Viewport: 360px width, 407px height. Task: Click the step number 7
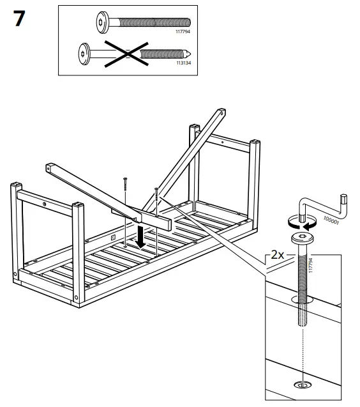pyautogui.click(x=19, y=19)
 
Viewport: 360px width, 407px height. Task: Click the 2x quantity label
pyautogui.click(x=277, y=254)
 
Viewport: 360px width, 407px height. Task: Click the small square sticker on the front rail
pyautogui.click(x=112, y=237)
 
